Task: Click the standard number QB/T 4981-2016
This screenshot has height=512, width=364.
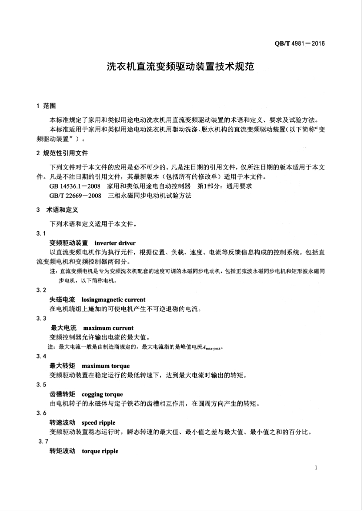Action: coord(299,43)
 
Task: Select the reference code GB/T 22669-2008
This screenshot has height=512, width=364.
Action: coord(76,196)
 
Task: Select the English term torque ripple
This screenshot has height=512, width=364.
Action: coord(100,451)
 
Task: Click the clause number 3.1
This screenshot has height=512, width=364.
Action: coord(42,233)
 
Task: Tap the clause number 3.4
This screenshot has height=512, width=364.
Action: coord(42,356)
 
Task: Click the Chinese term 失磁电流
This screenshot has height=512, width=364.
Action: coord(62,299)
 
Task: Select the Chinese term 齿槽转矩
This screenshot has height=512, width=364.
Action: coord(62,394)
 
